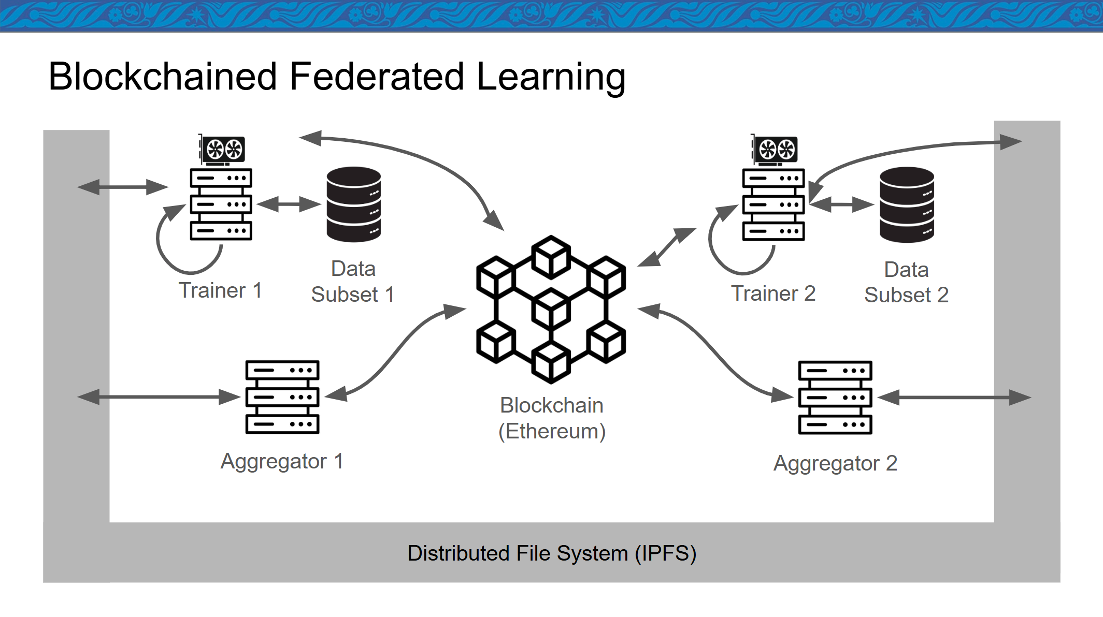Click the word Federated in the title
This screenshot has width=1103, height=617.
pyautogui.click(x=377, y=77)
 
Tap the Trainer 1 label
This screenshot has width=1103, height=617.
pyautogui.click(x=220, y=290)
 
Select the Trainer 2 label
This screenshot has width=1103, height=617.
pyautogui.click(x=773, y=293)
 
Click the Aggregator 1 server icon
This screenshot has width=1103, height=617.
pyautogui.click(x=282, y=397)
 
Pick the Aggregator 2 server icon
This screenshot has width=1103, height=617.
pyautogui.click(x=835, y=398)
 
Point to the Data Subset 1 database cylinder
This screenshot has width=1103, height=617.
pyautogui.click(x=354, y=204)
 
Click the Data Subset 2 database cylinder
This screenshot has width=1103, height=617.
pyautogui.click(x=907, y=205)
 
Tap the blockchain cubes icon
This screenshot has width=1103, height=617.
pyautogui.click(x=551, y=310)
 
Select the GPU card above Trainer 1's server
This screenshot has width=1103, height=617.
pyautogui.click(x=222, y=150)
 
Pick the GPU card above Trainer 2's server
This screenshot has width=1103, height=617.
pyautogui.click(x=775, y=150)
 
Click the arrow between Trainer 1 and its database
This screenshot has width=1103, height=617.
pyautogui.click(x=289, y=204)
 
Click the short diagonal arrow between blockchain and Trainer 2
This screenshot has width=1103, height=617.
pyautogui.click(x=667, y=247)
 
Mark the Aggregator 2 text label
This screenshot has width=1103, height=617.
pyautogui.click(x=835, y=463)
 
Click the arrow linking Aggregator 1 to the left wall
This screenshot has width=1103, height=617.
pyautogui.click(x=159, y=397)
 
